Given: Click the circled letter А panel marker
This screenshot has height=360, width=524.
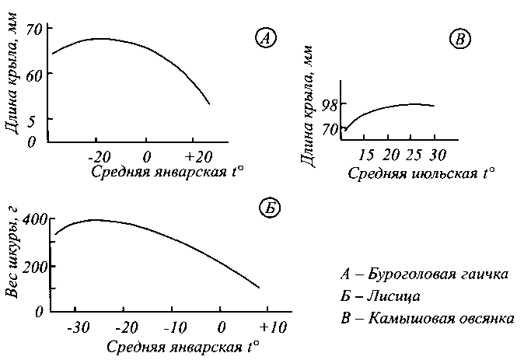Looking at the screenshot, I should pos(265,37).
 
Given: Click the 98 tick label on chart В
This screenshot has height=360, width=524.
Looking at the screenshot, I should pos(329,104).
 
